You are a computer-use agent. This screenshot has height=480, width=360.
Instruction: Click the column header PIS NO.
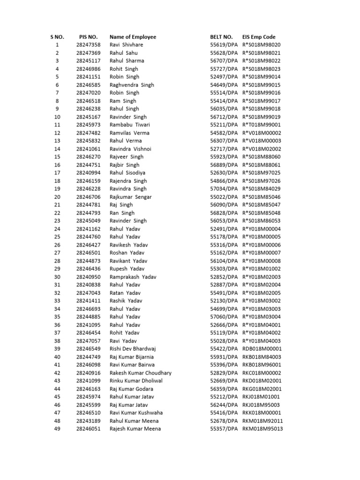click(88, 37)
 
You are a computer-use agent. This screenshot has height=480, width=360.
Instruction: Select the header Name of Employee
click(133, 37)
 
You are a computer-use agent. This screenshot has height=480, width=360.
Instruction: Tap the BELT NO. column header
click(221, 37)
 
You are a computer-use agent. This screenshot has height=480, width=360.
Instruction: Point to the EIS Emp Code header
click(259, 37)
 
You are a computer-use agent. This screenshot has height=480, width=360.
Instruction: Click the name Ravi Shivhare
click(126, 45)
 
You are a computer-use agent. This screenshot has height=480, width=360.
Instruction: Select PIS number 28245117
click(88, 60)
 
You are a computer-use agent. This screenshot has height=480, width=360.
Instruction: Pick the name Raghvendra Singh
click(132, 85)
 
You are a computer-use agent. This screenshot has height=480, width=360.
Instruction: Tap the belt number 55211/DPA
click(224, 125)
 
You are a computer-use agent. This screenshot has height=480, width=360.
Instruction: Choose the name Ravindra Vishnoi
click(130, 149)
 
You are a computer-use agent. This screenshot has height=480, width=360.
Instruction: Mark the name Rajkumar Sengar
click(130, 197)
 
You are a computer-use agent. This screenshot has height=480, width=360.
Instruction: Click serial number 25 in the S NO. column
click(57, 237)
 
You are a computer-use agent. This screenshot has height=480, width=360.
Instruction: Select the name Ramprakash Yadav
click(132, 277)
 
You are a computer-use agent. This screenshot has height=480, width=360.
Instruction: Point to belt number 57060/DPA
click(224, 317)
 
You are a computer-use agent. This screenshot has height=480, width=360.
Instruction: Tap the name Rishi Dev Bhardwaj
click(133, 349)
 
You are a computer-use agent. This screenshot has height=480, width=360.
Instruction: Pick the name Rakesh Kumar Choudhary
click(140, 373)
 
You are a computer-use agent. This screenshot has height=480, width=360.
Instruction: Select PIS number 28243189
click(88, 421)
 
